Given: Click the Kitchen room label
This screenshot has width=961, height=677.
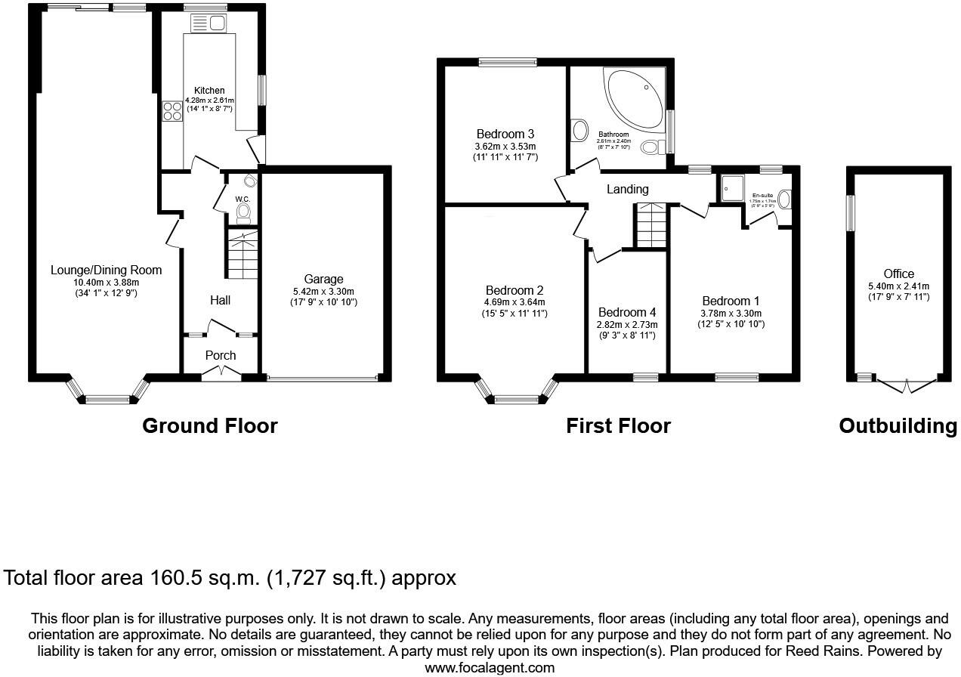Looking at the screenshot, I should tap(209, 91).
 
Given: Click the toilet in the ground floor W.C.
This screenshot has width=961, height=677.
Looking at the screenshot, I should tap(243, 212).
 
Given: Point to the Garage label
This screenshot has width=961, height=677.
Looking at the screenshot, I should tap(323, 280).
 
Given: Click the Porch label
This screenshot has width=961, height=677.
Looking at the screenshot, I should tap(221, 355).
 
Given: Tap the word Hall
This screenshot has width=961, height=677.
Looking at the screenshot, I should tap(220, 301).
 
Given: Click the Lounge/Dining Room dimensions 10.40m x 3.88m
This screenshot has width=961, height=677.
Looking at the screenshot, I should tap(106, 282).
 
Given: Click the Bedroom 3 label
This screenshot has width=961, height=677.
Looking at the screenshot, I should tap(505, 134).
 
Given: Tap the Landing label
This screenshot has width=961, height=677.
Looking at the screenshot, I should tap(627, 189).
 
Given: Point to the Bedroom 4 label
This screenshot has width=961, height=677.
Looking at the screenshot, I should tap(627, 312).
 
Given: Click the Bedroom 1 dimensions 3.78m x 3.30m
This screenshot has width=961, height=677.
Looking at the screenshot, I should tap(731, 314).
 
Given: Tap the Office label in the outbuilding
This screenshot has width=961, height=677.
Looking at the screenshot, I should tap(898, 274).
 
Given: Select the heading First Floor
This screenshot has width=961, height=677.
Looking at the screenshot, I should tap(618, 426).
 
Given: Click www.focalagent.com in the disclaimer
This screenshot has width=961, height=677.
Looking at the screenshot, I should tap(490, 667).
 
